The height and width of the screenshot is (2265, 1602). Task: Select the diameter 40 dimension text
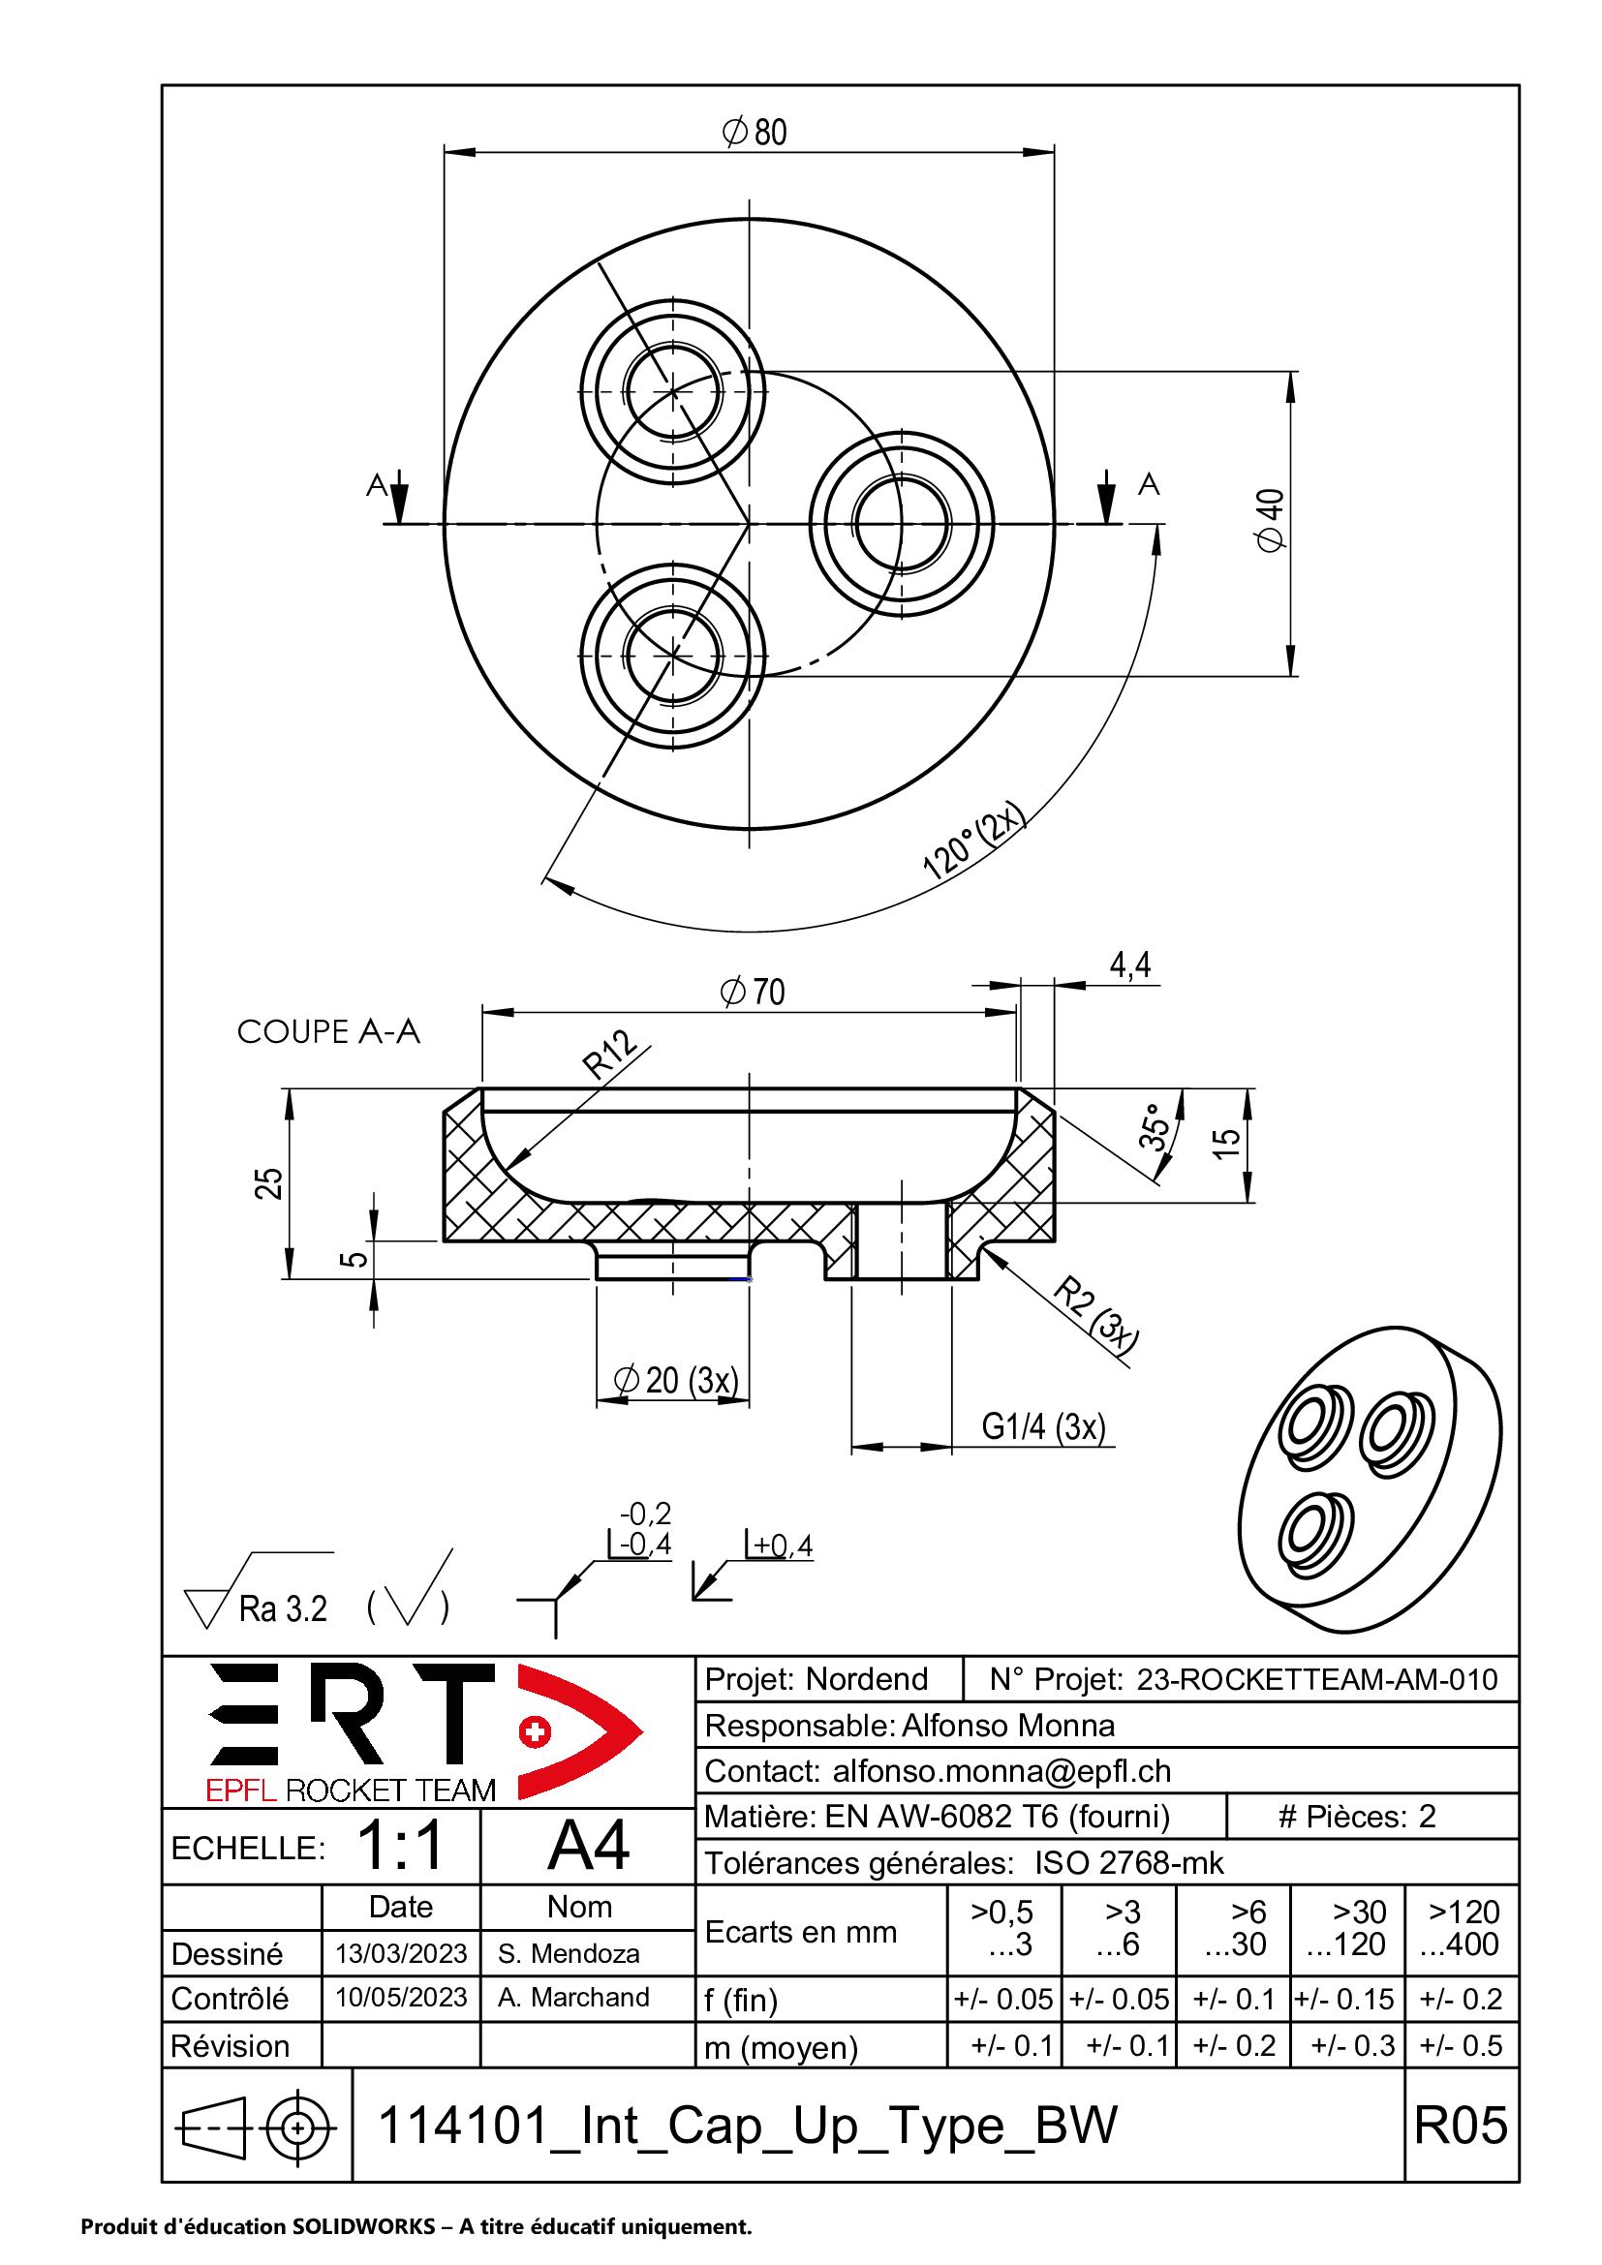[x=1271, y=521]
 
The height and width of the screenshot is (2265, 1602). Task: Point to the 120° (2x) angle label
[x=973, y=840]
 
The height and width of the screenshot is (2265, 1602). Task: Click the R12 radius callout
[x=608, y=1054]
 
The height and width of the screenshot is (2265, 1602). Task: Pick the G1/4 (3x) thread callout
[x=1043, y=1427]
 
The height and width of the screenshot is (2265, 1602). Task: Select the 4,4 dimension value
[x=1130, y=964]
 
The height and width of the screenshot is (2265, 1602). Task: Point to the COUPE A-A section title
[x=328, y=1032]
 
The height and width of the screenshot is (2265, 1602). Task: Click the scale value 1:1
[x=402, y=1846]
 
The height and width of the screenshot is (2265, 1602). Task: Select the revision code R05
[x=1460, y=2124]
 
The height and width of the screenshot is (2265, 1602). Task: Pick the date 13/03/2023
[x=401, y=1953]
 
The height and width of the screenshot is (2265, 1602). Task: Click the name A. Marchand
[x=573, y=1998]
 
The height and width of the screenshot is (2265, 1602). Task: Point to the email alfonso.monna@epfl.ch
[x=1001, y=1772]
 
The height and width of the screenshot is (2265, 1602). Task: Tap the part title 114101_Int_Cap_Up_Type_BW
[x=748, y=2124]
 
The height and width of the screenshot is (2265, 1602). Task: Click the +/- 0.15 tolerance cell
[x=1345, y=2000]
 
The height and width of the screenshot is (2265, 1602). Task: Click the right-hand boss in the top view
[x=901, y=524]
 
